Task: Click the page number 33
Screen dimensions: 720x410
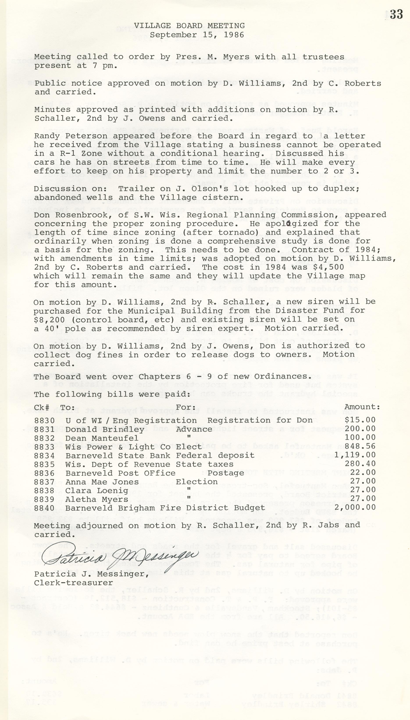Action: [x=396, y=14]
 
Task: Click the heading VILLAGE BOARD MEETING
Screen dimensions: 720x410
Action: [x=189, y=26]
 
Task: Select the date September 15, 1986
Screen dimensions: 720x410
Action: [x=197, y=35]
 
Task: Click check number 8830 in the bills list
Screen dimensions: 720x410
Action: [x=44, y=420]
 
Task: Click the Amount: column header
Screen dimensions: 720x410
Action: [x=362, y=407]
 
